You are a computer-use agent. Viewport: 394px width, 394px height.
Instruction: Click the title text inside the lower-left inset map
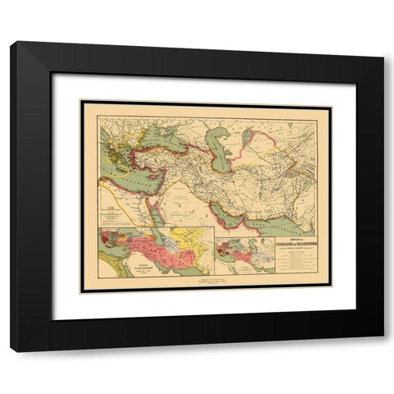[130, 268]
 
